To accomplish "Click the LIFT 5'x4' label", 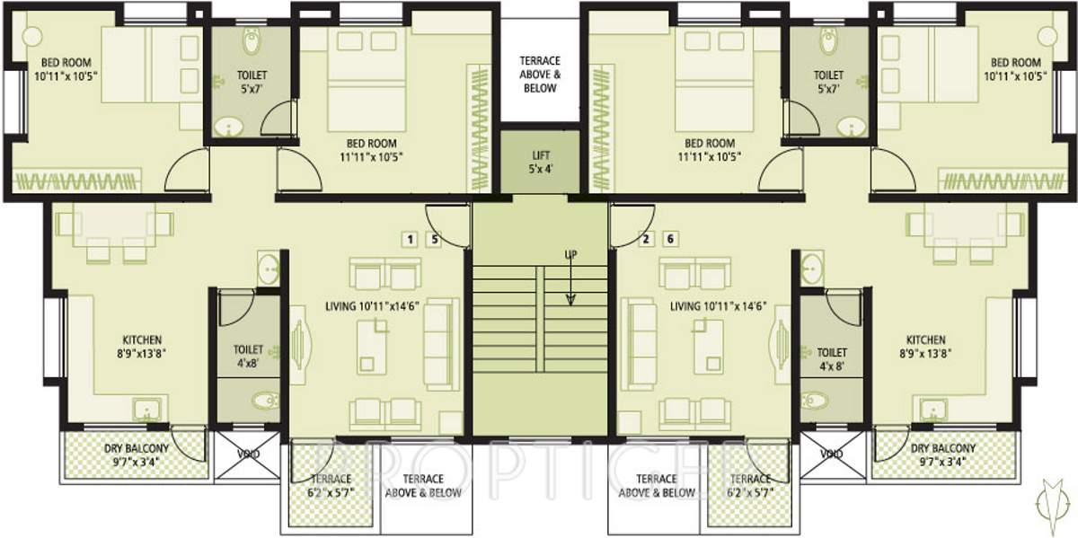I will [x=539, y=162].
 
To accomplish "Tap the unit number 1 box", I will [x=410, y=239].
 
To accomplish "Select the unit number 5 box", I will [x=435, y=239].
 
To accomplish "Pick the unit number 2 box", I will [x=645, y=239].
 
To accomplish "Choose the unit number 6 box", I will [x=670, y=239].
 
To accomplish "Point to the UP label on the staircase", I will [x=570, y=255].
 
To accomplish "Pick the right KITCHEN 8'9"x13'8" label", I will [x=925, y=347].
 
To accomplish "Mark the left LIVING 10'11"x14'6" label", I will [x=373, y=306].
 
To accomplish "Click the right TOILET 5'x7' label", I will [x=828, y=82].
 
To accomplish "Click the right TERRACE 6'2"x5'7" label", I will [x=750, y=486].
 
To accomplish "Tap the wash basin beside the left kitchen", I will [x=268, y=268].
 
